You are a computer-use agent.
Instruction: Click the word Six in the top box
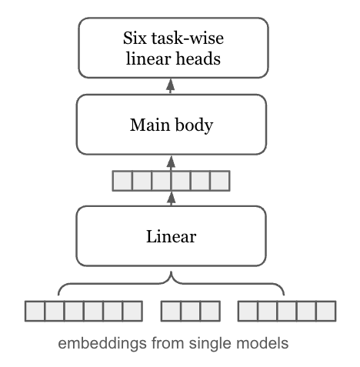tap(135, 38)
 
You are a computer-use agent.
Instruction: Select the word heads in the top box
tap(199, 58)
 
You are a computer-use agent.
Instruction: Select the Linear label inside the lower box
tap(171, 235)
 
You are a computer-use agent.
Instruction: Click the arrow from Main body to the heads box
tap(171, 88)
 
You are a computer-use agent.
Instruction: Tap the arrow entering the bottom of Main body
tap(171, 162)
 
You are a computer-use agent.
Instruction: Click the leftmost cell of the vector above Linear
tap(122, 181)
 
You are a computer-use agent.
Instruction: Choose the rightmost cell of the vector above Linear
tap(220, 181)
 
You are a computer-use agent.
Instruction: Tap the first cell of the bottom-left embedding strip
tap(35, 311)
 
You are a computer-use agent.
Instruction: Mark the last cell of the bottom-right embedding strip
tap(326, 311)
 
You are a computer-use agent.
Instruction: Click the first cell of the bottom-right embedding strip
tap(248, 311)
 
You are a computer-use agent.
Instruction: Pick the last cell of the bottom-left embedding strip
tap(132, 311)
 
